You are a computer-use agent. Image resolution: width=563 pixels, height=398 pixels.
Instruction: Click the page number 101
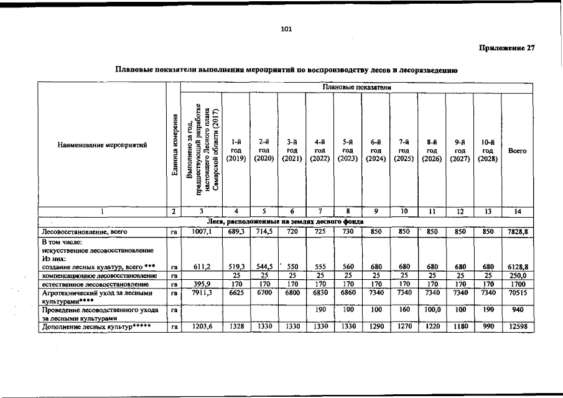286,29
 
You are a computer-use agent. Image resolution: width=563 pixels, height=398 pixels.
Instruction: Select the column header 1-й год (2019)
236,150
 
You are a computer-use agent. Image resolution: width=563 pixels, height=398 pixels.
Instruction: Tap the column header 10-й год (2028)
488,150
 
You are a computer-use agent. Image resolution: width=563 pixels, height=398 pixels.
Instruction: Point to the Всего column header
518,150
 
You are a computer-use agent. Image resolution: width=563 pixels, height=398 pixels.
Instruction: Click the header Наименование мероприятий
103,146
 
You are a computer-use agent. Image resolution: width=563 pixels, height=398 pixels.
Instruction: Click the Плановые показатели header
356,88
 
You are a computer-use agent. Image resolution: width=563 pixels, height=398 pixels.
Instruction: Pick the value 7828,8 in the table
518,231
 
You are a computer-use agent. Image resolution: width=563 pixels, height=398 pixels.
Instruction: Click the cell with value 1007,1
201,231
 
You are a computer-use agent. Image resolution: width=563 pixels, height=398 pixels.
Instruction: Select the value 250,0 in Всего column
518,274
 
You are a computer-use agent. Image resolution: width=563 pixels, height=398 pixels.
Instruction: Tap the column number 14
518,212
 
